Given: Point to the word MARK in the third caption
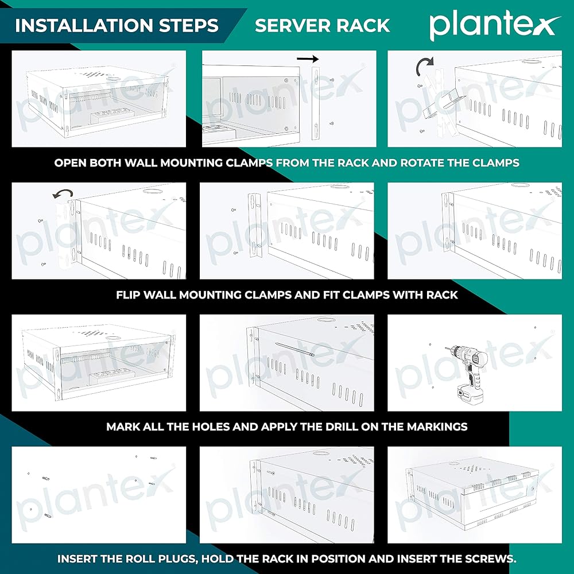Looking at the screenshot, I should pos(122,427).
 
